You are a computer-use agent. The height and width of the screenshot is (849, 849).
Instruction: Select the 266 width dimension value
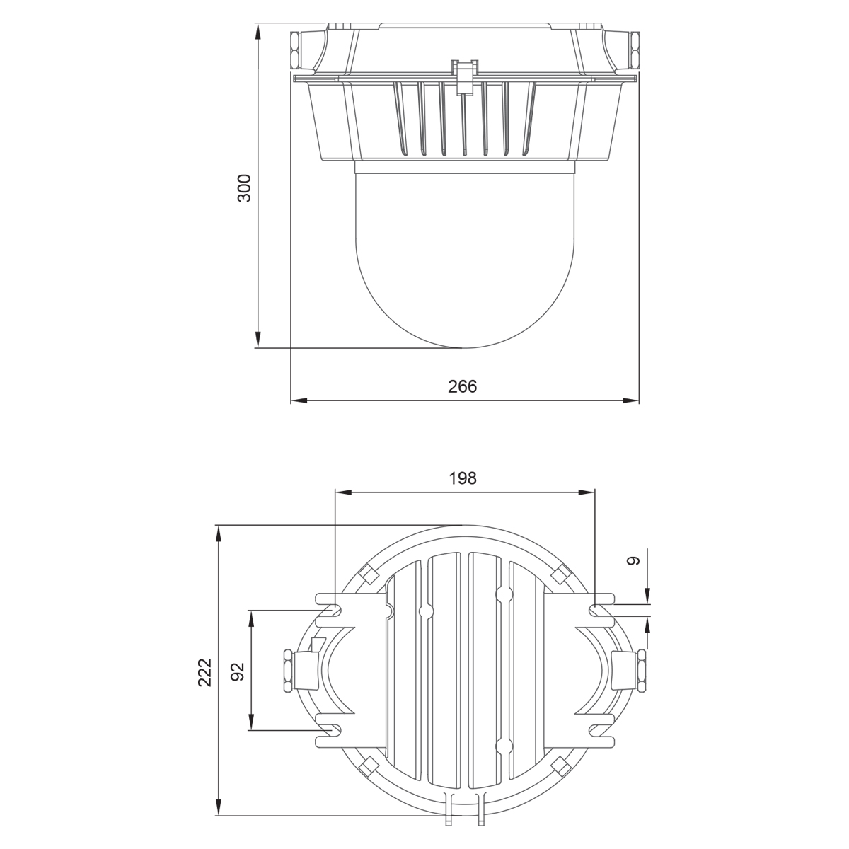point(463,386)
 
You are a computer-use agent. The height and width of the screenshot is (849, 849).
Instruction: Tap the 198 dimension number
point(463,478)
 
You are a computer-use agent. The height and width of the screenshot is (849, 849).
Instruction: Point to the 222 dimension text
point(204,673)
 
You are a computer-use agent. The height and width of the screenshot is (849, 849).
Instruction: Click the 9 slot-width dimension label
point(633,561)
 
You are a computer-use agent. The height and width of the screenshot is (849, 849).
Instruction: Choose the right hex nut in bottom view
point(641,670)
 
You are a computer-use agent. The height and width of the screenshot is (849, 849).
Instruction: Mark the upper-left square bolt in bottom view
point(366,574)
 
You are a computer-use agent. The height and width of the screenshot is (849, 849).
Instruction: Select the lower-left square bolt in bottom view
point(366,766)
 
